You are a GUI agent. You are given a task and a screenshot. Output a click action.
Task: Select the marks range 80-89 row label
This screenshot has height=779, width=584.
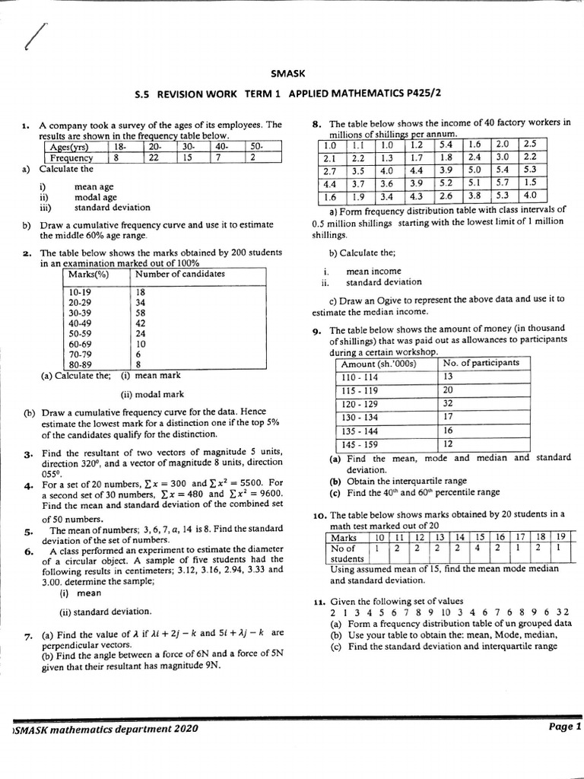(x=80, y=364)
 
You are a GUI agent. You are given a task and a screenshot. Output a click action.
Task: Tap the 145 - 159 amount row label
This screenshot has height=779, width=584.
(x=360, y=444)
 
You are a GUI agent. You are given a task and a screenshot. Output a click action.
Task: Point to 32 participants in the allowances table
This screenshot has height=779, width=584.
(x=448, y=403)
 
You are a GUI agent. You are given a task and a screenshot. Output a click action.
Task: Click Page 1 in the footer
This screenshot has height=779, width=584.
(x=564, y=727)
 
